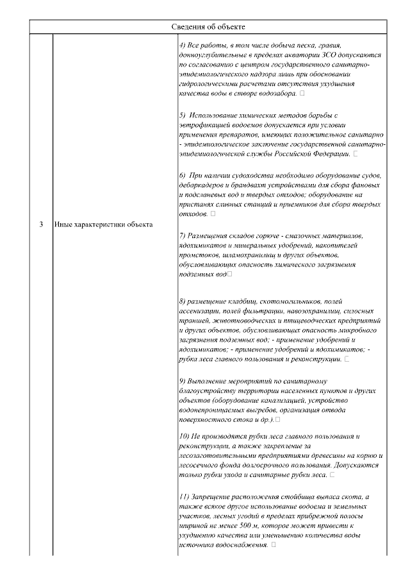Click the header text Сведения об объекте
[208, 26]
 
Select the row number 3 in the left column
[40, 224]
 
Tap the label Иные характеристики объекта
[103, 224]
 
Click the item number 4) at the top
[184, 47]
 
